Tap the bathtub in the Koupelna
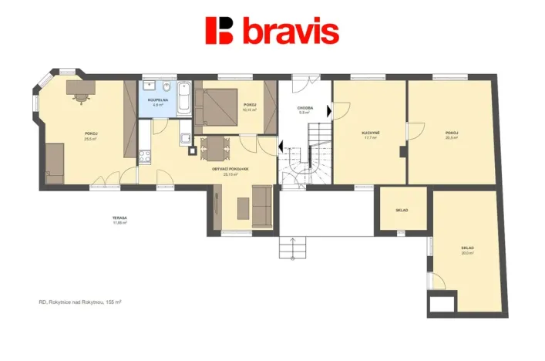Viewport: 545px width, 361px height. (x=184, y=98)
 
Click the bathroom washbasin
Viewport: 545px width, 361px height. (x=150, y=86)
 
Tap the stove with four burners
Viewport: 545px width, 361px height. (x=143, y=157)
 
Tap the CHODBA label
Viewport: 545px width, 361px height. (x=304, y=109)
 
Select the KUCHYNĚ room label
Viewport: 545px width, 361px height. (x=371, y=133)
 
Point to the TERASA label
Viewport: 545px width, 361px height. (x=119, y=218)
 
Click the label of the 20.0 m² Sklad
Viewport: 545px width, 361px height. (x=467, y=248)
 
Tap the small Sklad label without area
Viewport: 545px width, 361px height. (x=401, y=210)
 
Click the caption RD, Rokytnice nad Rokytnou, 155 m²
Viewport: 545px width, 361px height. (x=80, y=302)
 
